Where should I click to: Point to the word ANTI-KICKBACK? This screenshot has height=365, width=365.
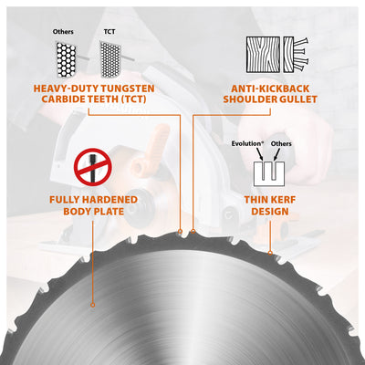tap(267, 89)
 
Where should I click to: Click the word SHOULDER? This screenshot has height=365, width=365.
tap(248, 101)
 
